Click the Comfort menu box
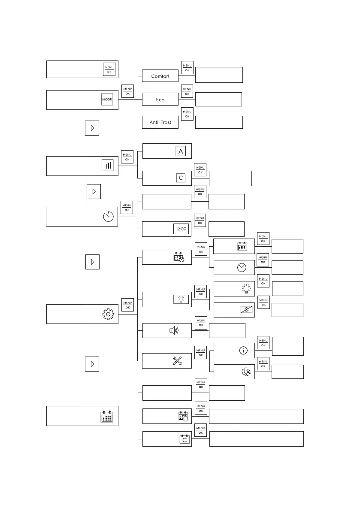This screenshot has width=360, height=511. (x=160, y=76)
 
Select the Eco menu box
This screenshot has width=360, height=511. (x=160, y=100)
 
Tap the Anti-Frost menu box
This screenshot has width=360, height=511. (x=160, y=122)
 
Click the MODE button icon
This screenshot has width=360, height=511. (x=107, y=100)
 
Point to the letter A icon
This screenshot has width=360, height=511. (x=181, y=151)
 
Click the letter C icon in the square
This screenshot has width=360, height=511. (x=180, y=178)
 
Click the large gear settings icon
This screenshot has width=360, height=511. (x=108, y=314)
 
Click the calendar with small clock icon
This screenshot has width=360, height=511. (x=178, y=257)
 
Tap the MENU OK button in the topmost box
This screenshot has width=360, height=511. (x=109, y=70)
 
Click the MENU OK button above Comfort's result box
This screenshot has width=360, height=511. (x=187, y=67)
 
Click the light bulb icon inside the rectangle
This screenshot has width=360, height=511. (x=181, y=299)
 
